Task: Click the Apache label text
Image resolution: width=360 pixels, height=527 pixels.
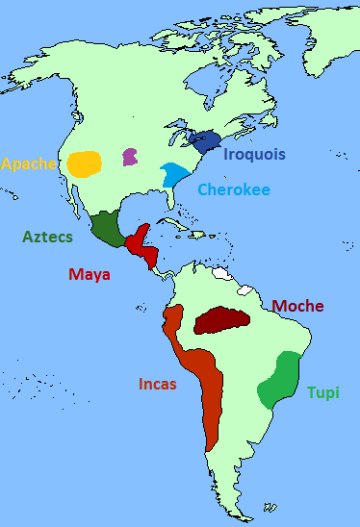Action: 28,163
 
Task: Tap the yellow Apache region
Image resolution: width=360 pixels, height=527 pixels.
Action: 85,163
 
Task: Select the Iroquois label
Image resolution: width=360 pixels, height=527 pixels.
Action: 254,153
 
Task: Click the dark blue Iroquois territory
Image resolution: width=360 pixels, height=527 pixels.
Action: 204,140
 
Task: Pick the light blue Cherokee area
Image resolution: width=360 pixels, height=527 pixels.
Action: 174,175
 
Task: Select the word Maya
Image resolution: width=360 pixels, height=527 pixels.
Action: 90,274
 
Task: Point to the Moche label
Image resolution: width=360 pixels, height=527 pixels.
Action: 297,306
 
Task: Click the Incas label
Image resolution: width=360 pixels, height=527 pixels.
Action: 158,385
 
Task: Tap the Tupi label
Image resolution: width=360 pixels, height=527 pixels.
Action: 323,392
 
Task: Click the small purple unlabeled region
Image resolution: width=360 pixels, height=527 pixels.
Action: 129,156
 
